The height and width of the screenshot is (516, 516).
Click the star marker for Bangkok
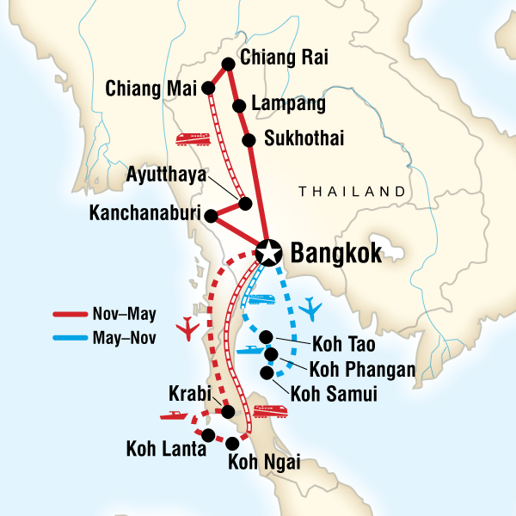[x=270, y=252]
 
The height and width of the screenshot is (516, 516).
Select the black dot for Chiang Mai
[x=208, y=88]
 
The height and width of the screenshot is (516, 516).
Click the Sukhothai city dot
[x=249, y=140]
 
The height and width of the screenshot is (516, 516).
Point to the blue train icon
[x=259, y=299]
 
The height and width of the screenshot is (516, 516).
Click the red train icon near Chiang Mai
[x=191, y=138]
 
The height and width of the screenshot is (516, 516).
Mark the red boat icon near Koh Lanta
[x=175, y=415]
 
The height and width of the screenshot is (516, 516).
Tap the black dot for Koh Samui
[x=267, y=373]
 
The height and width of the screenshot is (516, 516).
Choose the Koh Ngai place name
[x=263, y=463]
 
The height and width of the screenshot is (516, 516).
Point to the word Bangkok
[x=335, y=254]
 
